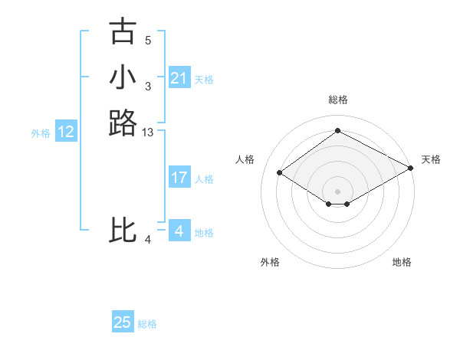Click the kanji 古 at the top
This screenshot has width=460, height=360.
pos(123,31)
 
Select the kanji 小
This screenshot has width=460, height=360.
pos(123,77)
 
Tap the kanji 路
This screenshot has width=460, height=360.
pos(123,123)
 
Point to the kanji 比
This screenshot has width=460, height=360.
pos(123,231)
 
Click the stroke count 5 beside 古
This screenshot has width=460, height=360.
pos(148,40)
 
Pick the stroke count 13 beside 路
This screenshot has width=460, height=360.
pos(148,133)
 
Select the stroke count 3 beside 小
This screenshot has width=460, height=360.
pos(148,86)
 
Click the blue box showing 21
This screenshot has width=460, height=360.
pos(179,78)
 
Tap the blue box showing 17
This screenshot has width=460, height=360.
pos(179,178)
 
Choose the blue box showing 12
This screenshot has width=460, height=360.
pos(66,132)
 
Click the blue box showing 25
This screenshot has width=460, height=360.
pos(123,322)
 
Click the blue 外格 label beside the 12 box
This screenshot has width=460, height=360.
pos(41,133)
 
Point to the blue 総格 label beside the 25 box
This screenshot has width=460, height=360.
pos(147,324)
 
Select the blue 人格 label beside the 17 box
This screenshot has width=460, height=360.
pos(204,179)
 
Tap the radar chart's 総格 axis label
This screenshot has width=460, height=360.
pos(337,100)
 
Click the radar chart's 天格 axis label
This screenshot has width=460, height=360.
pos(431,159)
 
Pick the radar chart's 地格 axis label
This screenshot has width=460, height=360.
pos(402,262)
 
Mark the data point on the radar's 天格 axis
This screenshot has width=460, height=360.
pos(410,169)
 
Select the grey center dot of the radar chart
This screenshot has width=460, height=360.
pos(337,191)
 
